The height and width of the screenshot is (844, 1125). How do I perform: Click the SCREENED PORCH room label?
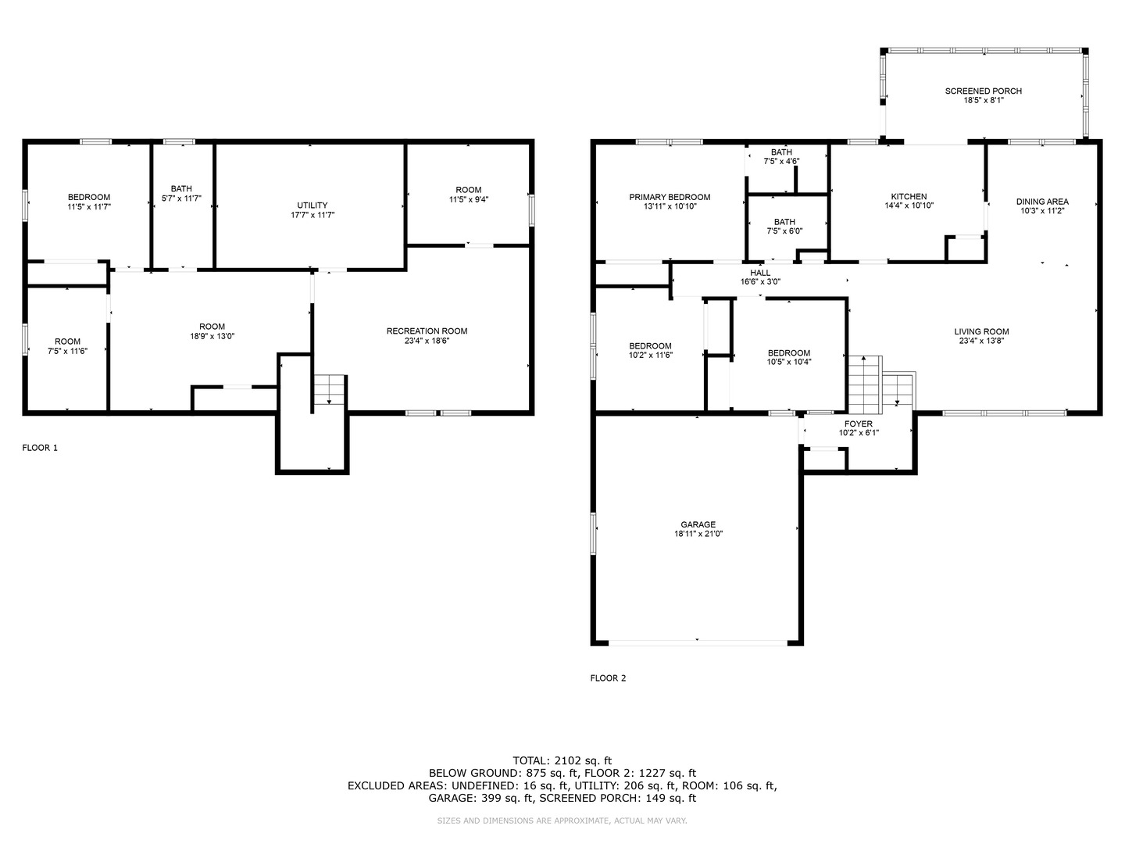tap(983, 91)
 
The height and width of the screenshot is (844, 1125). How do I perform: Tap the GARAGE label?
tap(698, 524)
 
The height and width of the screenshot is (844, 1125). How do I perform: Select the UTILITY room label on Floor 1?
tap(312, 205)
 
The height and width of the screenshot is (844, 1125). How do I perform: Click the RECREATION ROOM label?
tap(427, 331)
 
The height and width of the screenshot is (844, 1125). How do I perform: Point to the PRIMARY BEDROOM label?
tap(670, 197)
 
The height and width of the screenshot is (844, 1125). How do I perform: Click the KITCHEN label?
tap(909, 196)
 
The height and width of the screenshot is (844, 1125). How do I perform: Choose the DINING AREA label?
tap(1042, 201)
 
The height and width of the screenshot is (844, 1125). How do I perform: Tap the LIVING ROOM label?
tap(981, 331)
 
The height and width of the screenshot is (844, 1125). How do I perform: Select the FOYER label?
tap(858, 424)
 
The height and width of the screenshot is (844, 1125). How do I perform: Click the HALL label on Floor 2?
tap(760, 273)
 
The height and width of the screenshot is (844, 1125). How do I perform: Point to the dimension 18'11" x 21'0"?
tap(698, 534)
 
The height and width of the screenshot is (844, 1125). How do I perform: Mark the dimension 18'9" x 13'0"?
tap(212, 336)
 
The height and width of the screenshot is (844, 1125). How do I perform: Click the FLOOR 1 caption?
tap(40, 448)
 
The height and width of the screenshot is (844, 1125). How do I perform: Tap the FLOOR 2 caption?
tap(608, 678)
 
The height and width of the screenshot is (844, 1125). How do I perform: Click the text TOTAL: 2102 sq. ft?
tap(562, 760)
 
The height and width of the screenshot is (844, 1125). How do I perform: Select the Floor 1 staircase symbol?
tap(330, 390)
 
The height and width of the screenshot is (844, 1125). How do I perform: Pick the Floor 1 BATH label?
tap(181, 188)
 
